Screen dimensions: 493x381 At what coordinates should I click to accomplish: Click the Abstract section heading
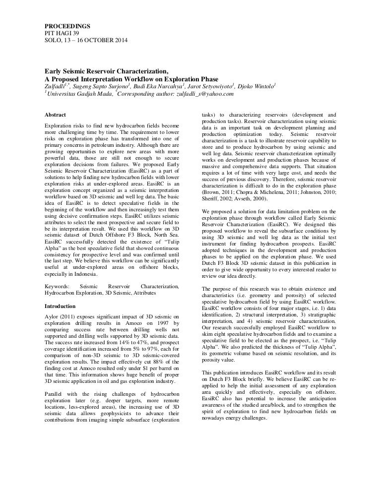click(57, 115)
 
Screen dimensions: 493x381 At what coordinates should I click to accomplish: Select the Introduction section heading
click(60, 306)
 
